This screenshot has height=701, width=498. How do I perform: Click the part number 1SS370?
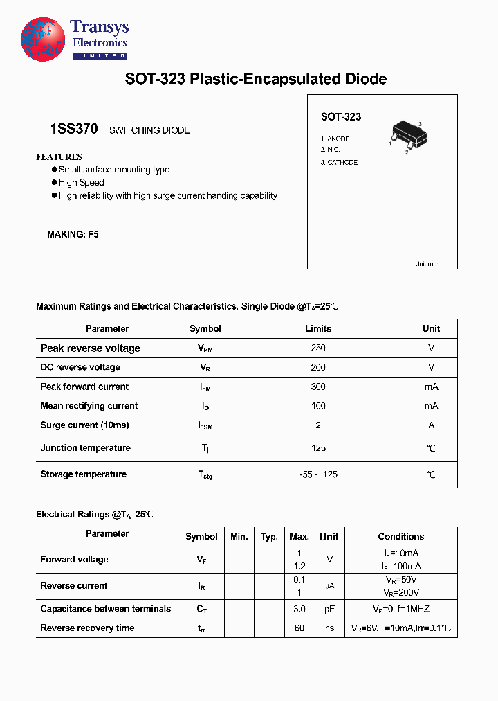pos(74,129)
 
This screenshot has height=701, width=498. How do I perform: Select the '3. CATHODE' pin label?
pos(339,162)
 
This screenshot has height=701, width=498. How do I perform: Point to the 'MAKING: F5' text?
pos(73,234)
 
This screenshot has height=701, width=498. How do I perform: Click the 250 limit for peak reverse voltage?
pos(318,348)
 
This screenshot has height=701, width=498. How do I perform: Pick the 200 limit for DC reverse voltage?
pos(318,367)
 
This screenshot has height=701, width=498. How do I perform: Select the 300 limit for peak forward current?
pos(318,387)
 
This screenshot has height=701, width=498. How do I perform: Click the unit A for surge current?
pos(431,425)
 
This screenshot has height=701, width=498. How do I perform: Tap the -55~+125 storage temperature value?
pos(318,474)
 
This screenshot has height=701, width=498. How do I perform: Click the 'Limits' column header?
pos(318,328)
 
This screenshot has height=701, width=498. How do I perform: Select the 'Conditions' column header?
pos(400,536)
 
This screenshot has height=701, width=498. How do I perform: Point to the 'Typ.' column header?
pos(269,536)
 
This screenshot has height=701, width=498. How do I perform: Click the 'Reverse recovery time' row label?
pos(87,628)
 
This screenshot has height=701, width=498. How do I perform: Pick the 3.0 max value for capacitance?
pos(299,609)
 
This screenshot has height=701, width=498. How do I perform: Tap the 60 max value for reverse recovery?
pos(299,628)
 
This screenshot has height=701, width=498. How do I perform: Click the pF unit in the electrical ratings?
pos(329,609)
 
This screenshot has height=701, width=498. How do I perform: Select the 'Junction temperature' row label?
pos(85,447)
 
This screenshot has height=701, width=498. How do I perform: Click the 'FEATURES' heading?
pos(59,157)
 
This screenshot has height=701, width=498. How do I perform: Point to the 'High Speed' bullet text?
pos(81,182)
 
